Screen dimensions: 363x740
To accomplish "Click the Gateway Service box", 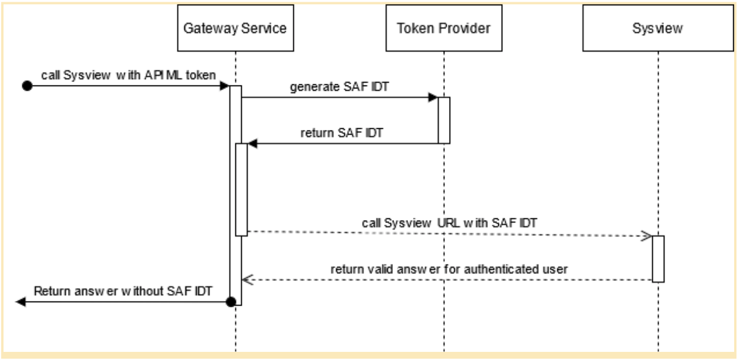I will click(235, 29).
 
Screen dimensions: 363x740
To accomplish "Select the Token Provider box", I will click(444, 29).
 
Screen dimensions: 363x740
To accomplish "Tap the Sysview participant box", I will click(658, 29).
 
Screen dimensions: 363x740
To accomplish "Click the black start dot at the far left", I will click(26, 86).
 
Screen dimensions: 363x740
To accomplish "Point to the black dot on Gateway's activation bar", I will click(231, 302).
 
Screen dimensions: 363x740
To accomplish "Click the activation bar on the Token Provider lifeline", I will click(444, 120).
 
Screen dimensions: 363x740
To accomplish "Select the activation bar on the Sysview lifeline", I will click(658, 258).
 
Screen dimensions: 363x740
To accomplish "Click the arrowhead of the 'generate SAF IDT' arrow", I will click(434, 98).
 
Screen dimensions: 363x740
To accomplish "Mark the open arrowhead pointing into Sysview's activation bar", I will click(647, 235).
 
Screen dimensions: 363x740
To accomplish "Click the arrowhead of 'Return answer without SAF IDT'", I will click(20, 302).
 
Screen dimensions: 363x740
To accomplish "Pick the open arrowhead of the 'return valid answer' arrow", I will click(247, 280).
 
